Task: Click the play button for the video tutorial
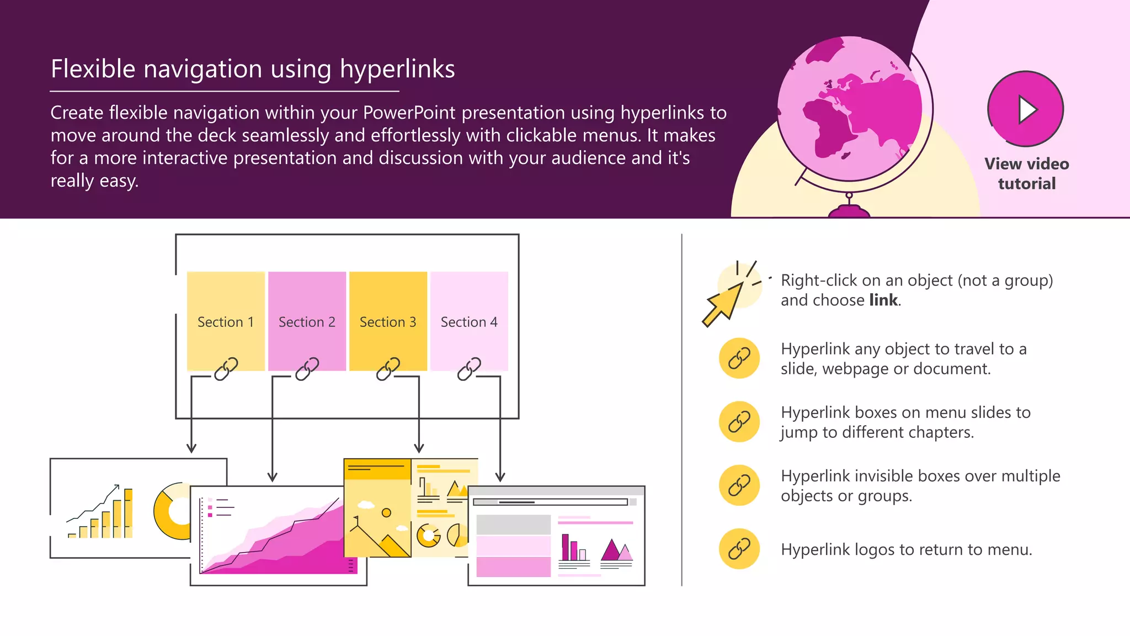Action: click(x=1025, y=109)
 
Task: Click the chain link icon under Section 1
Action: click(x=226, y=369)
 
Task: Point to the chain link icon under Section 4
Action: click(x=469, y=369)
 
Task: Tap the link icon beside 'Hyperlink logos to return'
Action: click(x=739, y=549)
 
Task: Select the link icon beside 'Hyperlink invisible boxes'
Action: click(x=739, y=485)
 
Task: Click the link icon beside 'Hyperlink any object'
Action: click(x=739, y=358)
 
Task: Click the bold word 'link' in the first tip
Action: click(x=883, y=300)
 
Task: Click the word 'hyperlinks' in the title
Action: click(x=397, y=70)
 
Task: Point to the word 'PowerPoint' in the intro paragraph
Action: click(x=409, y=113)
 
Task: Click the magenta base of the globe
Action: click(x=849, y=211)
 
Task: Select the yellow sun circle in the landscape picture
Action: click(x=386, y=513)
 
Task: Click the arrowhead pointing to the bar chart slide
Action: click(x=191, y=448)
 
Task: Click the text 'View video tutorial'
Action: click(x=1026, y=173)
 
